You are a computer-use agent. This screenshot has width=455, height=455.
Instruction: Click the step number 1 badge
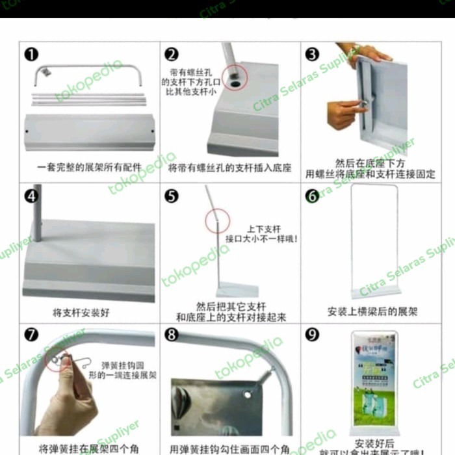[31, 54]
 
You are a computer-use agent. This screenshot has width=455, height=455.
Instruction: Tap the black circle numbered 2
[172, 55]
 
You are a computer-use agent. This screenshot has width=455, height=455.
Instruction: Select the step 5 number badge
[172, 196]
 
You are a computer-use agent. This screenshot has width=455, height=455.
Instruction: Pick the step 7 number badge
[31, 335]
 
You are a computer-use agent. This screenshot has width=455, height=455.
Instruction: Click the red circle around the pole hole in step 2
[233, 79]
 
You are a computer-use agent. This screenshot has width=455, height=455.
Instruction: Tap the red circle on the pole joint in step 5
[217, 221]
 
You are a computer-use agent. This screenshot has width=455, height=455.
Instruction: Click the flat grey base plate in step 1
[89, 132]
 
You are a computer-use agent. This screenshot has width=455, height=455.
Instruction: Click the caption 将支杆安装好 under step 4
[81, 313]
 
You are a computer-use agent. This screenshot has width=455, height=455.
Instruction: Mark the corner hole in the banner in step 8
[248, 394]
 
